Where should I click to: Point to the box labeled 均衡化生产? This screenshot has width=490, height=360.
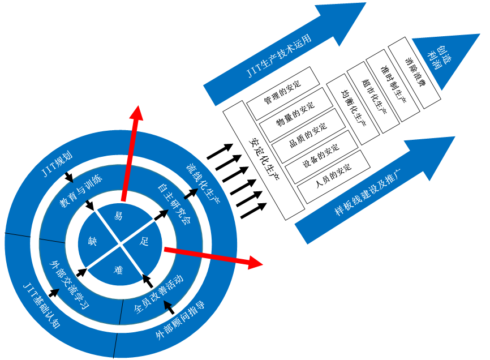coord(354,107)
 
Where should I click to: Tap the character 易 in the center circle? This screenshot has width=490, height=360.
coord(118,215)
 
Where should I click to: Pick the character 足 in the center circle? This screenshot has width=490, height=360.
coord(145,242)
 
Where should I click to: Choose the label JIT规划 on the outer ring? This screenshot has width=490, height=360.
coord(58,163)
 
